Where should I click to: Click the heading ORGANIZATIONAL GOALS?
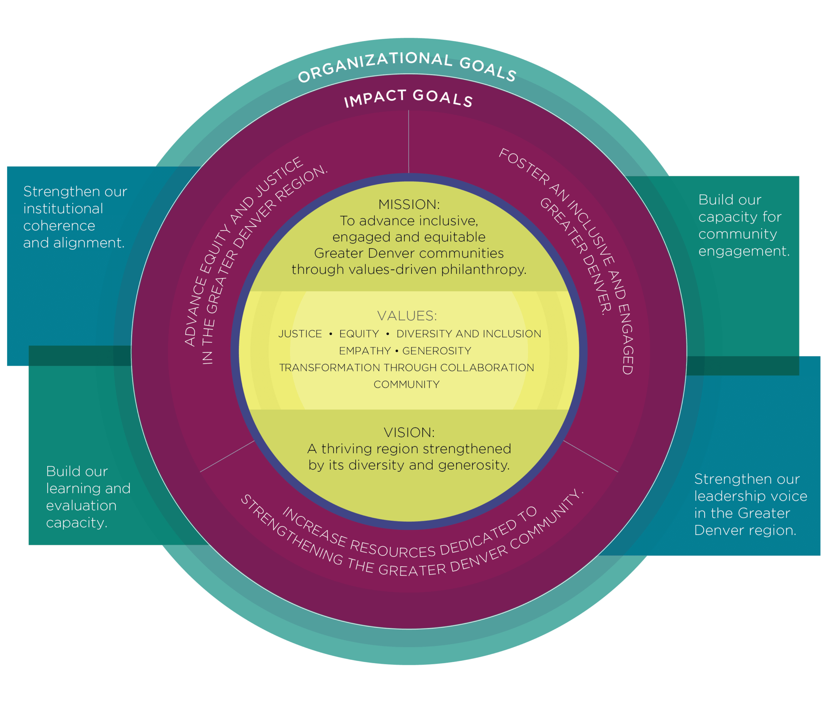pos(407,66)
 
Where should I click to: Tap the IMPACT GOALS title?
pos(408,98)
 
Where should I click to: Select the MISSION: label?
pos(409,204)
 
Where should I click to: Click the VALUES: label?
pos(407,316)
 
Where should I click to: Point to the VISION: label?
pos(409,432)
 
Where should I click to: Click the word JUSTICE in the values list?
pos(300,334)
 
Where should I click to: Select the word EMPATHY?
pos(365,351)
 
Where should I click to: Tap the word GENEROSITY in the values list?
pos(437,351)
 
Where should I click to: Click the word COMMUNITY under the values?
pos(406,384)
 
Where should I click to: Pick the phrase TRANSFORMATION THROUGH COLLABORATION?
pos(406,368)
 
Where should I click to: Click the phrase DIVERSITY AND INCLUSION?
pos(469,334)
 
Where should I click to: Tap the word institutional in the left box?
pos(63,209)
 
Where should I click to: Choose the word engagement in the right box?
pos(744,251)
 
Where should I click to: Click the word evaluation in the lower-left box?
pos(81,506)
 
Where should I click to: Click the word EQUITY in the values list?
pos(359,334)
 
